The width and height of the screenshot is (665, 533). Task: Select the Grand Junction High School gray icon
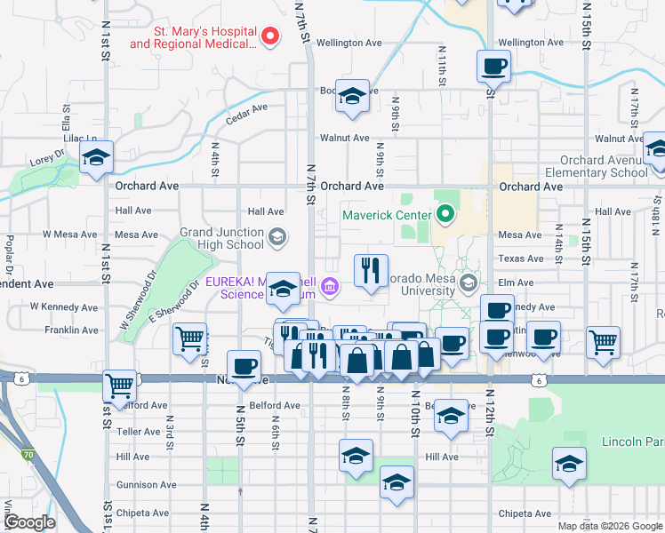pos(277,235)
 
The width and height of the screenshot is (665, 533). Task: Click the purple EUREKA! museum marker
pos(330,285)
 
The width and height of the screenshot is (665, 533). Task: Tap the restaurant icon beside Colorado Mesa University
pos(371,269)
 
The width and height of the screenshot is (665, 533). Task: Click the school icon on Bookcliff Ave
pos(352,96)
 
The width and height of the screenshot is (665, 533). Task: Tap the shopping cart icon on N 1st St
pos(119,385)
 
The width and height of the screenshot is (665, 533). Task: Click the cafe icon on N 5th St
pos(244,365)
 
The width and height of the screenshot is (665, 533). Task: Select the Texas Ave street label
pos(520,259)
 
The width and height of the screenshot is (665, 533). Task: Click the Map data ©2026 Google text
pos(608,526)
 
